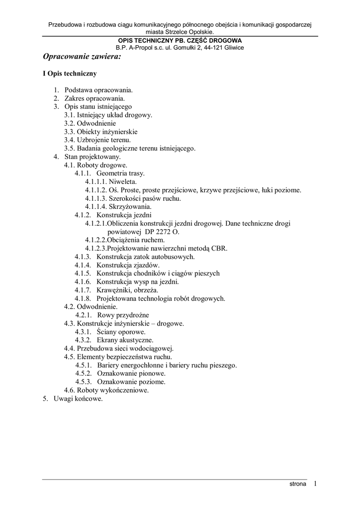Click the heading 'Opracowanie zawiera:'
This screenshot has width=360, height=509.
(x=82, y=57)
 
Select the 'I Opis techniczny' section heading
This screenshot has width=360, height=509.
(x=70, y=74)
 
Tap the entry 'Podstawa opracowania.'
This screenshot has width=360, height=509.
(x=98, y=90)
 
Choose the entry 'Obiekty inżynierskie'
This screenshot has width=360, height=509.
(x=107, y=132)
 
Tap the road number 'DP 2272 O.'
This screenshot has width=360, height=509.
(x=163, y=232)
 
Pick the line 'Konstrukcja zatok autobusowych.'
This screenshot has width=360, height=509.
(x=146, y=257)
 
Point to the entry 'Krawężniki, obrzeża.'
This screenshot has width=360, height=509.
(x=128, y=290)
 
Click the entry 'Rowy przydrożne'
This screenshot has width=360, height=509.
(x=123, y=315)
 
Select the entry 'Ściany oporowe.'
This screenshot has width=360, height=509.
(x=121, y=332)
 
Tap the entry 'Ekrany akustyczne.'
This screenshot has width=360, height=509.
(x=125, y=340)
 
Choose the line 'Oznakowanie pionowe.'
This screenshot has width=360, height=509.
(x=131, y=373)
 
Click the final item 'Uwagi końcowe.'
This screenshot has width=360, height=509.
(x=78, y=399)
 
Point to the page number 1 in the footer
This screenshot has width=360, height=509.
(x=315, y=483)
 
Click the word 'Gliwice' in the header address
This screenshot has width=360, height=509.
(x=233, y=48)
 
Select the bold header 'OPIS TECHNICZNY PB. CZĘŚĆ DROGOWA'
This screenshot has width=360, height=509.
(x=180, y=40)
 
